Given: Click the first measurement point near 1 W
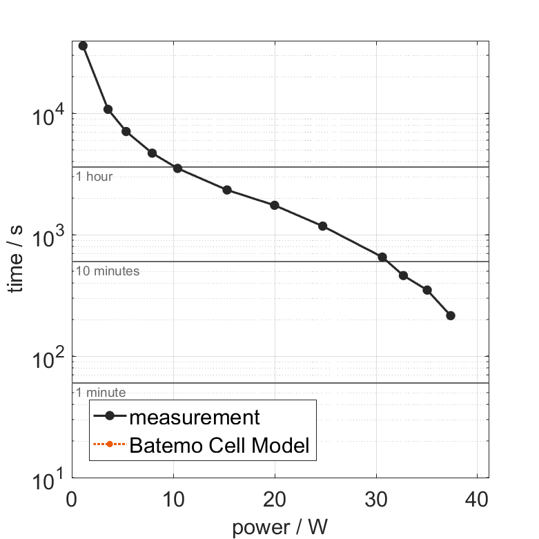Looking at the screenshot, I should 84,46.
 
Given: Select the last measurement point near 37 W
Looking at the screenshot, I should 451,315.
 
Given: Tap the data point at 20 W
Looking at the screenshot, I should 275,205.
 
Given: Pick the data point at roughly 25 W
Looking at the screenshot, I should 322,226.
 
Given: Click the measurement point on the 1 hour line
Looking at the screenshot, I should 177,168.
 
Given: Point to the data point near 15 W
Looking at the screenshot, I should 227,190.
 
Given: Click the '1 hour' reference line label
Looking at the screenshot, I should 94,177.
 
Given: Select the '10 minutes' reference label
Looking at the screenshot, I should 108,271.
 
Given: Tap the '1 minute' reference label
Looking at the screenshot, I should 101,393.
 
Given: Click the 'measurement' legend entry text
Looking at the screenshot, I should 195,417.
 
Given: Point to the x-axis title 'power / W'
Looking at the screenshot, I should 280,528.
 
